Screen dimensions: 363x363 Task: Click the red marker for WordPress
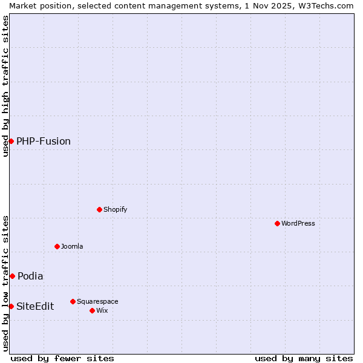click(x=277, y=223)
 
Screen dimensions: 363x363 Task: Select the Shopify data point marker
click(x=99, y=209)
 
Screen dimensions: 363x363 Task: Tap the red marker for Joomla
click(x=57, y=246)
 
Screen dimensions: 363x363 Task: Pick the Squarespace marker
click(x=73, y=301)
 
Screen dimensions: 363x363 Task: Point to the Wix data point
click(x=92, y=310)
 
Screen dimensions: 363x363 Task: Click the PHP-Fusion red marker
click(x=11, y=141)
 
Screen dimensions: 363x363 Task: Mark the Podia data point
click(x=12, y=276)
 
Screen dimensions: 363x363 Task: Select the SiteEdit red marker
click(x=11, y=306)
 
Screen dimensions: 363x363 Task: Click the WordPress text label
click(x=298, y=223)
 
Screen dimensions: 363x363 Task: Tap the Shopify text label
click(x=116, y=209)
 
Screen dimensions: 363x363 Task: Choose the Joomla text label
click(x=72, y=246)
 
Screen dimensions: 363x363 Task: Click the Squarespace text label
click(x=97, y=301)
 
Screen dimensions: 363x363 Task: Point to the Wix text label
click(x=102, y=310)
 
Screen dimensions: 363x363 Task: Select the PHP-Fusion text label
click(x=44, y=141)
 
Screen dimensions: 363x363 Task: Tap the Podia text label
click(x=30, y=276)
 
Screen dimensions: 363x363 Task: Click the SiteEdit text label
click(x=35, y=306)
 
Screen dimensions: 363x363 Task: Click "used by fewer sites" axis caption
click(x=62, y=358)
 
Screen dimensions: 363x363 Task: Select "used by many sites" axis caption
click(x=304, y=358)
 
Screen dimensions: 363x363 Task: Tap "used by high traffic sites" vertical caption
click(x=5, y=85)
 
